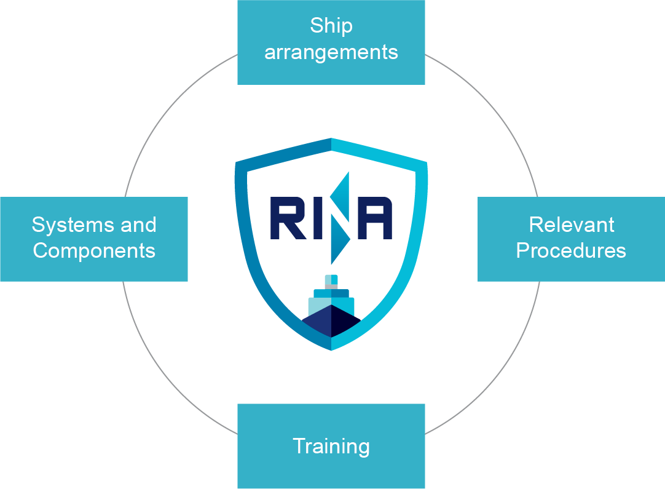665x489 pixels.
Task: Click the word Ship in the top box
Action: click(x=331, y=26)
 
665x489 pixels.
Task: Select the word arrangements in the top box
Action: click(x=331, y=52)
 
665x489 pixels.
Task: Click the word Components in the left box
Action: click(x=94, y=251)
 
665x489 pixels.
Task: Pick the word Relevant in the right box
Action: click(x=571, y=225)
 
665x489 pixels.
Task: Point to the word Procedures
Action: click(x=571, y=251)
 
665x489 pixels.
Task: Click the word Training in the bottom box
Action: click(x=331, y=446)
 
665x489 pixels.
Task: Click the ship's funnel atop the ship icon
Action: click(x=331, y=281)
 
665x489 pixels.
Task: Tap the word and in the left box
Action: click(x=138, y=225)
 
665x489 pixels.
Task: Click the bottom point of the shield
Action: click(x=331, y=349)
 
